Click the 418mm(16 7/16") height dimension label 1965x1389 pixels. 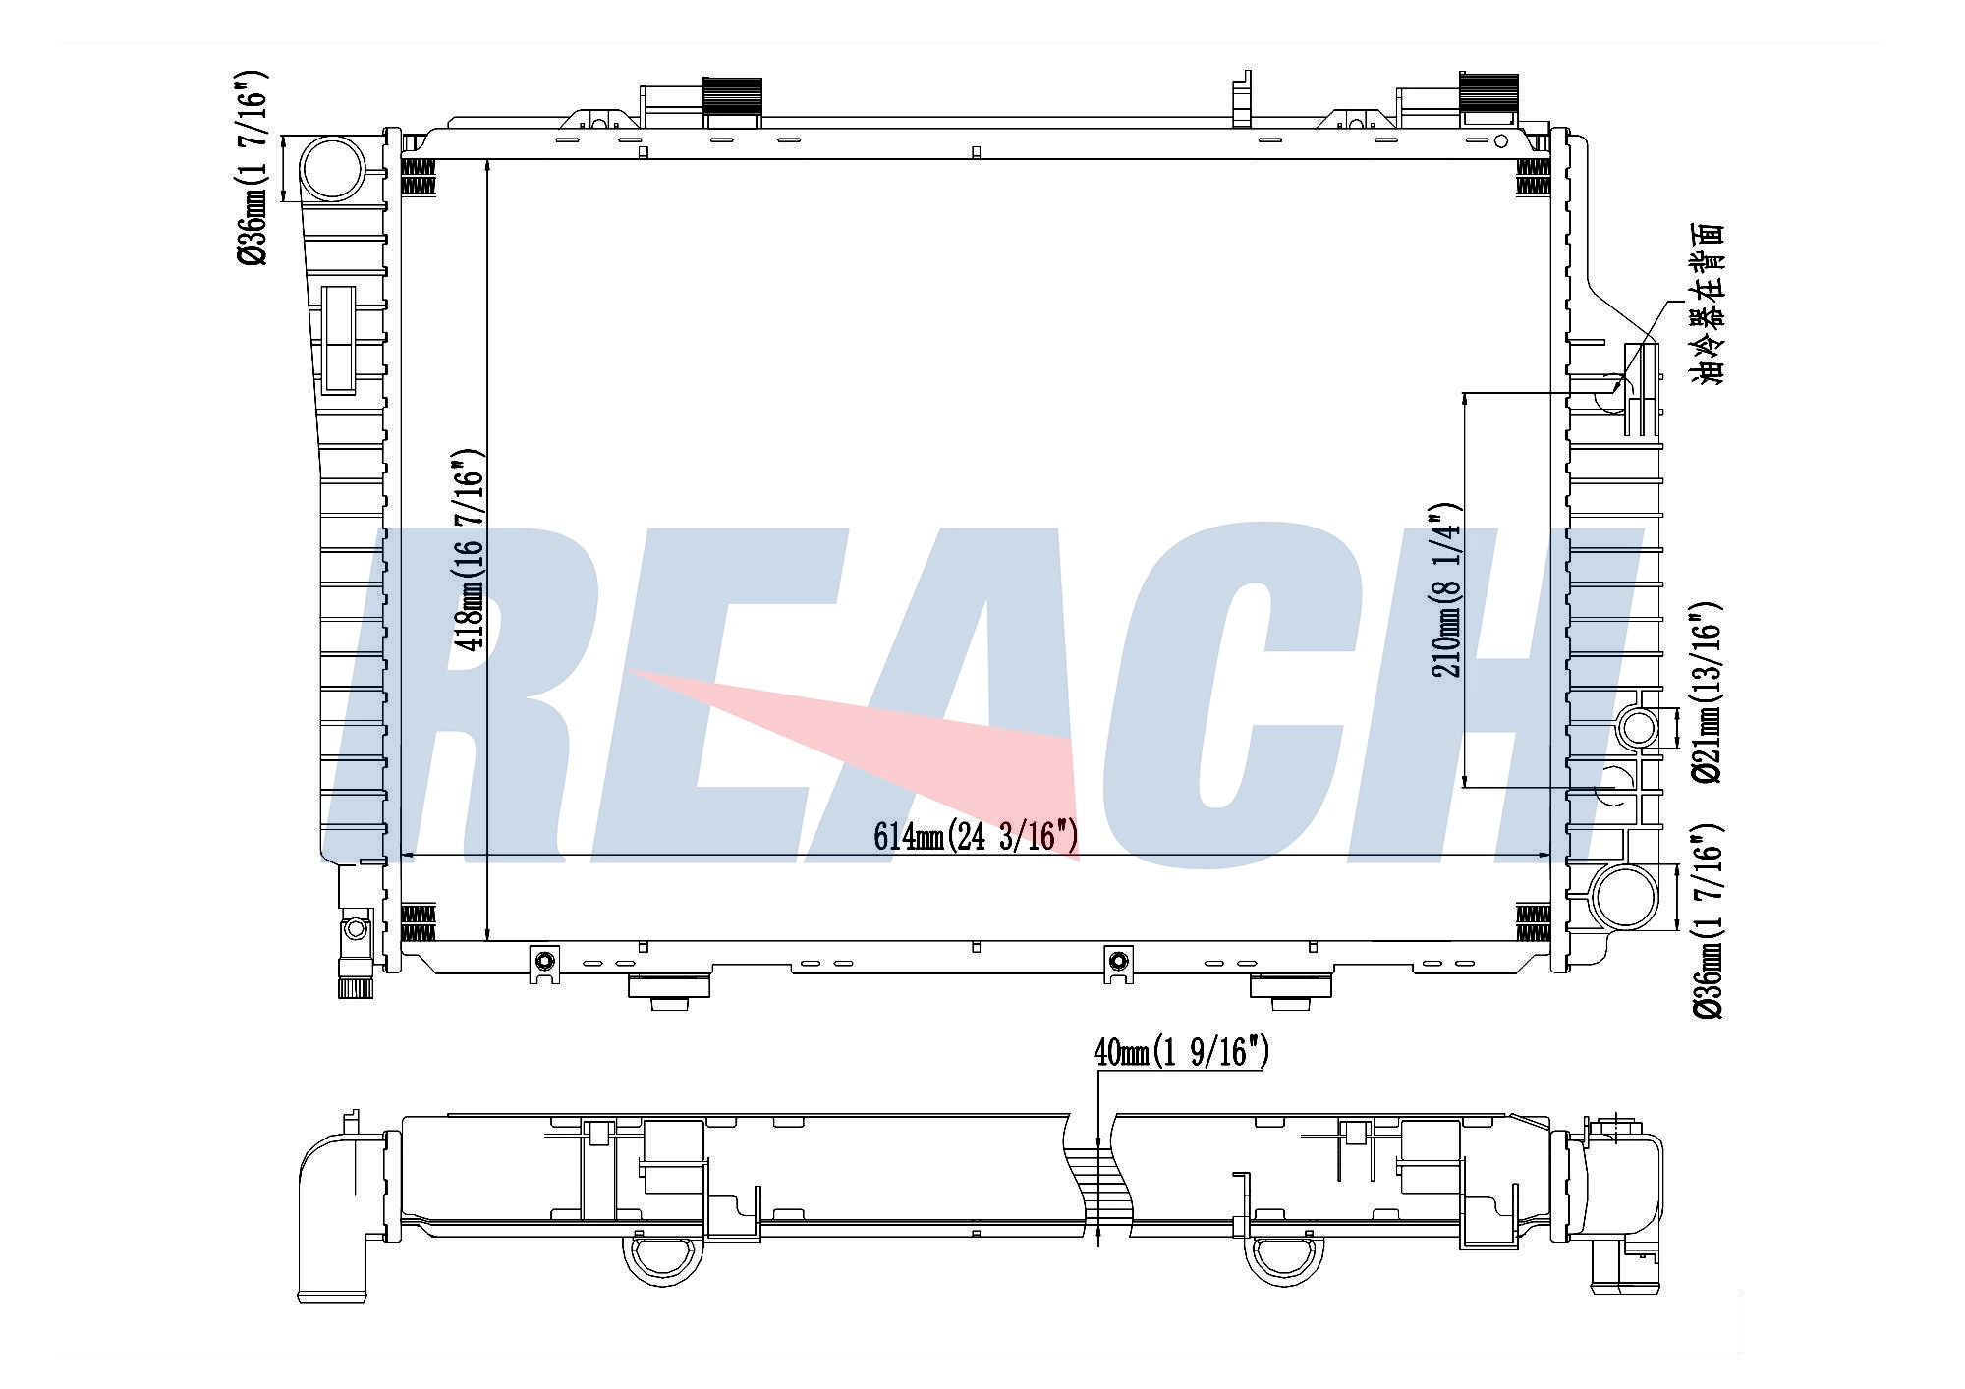469,550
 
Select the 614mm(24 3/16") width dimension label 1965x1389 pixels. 976,836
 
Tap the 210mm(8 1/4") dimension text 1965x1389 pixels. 1445,589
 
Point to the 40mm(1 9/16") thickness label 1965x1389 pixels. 1181,1053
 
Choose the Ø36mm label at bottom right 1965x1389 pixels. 1706,919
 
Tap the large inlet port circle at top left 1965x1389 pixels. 332,169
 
